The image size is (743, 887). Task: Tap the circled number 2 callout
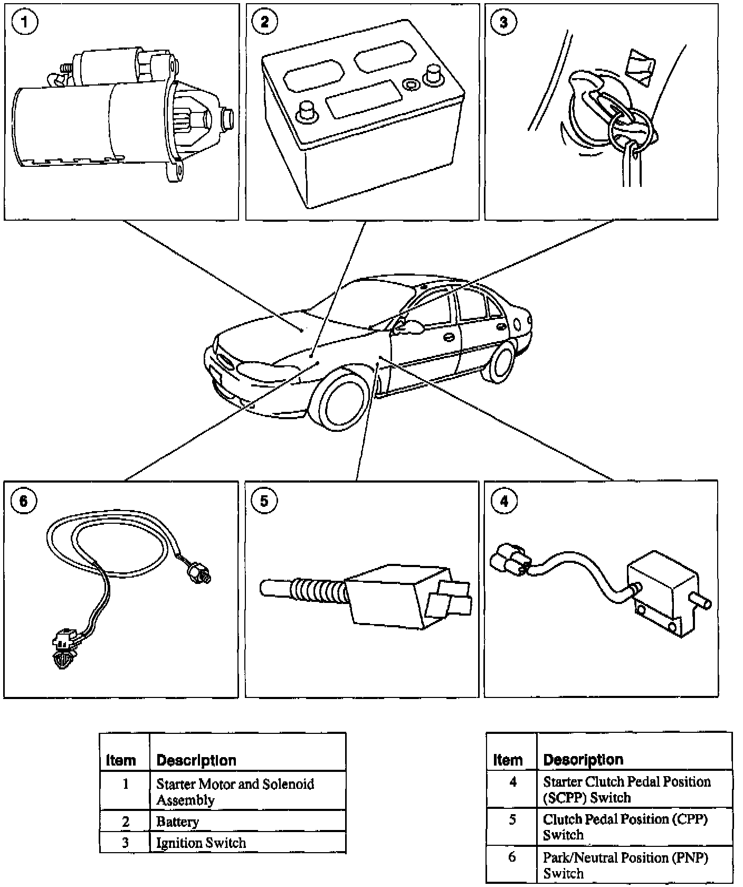click(264, 22)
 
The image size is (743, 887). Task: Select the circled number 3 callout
click(503, 22)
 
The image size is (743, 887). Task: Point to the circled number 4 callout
click(504, 500)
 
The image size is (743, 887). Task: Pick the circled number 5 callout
click(264, 500)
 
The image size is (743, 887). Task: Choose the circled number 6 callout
click(24, 500)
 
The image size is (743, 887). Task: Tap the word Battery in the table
click(177, 822)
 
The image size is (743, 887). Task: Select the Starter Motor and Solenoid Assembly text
click(235, 791)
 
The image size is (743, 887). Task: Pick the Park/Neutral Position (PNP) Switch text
click(625, 865)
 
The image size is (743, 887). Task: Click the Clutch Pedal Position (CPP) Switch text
click(625, 826)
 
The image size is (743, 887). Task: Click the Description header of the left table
click(196, 760)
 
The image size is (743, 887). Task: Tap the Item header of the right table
click(508, 760)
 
